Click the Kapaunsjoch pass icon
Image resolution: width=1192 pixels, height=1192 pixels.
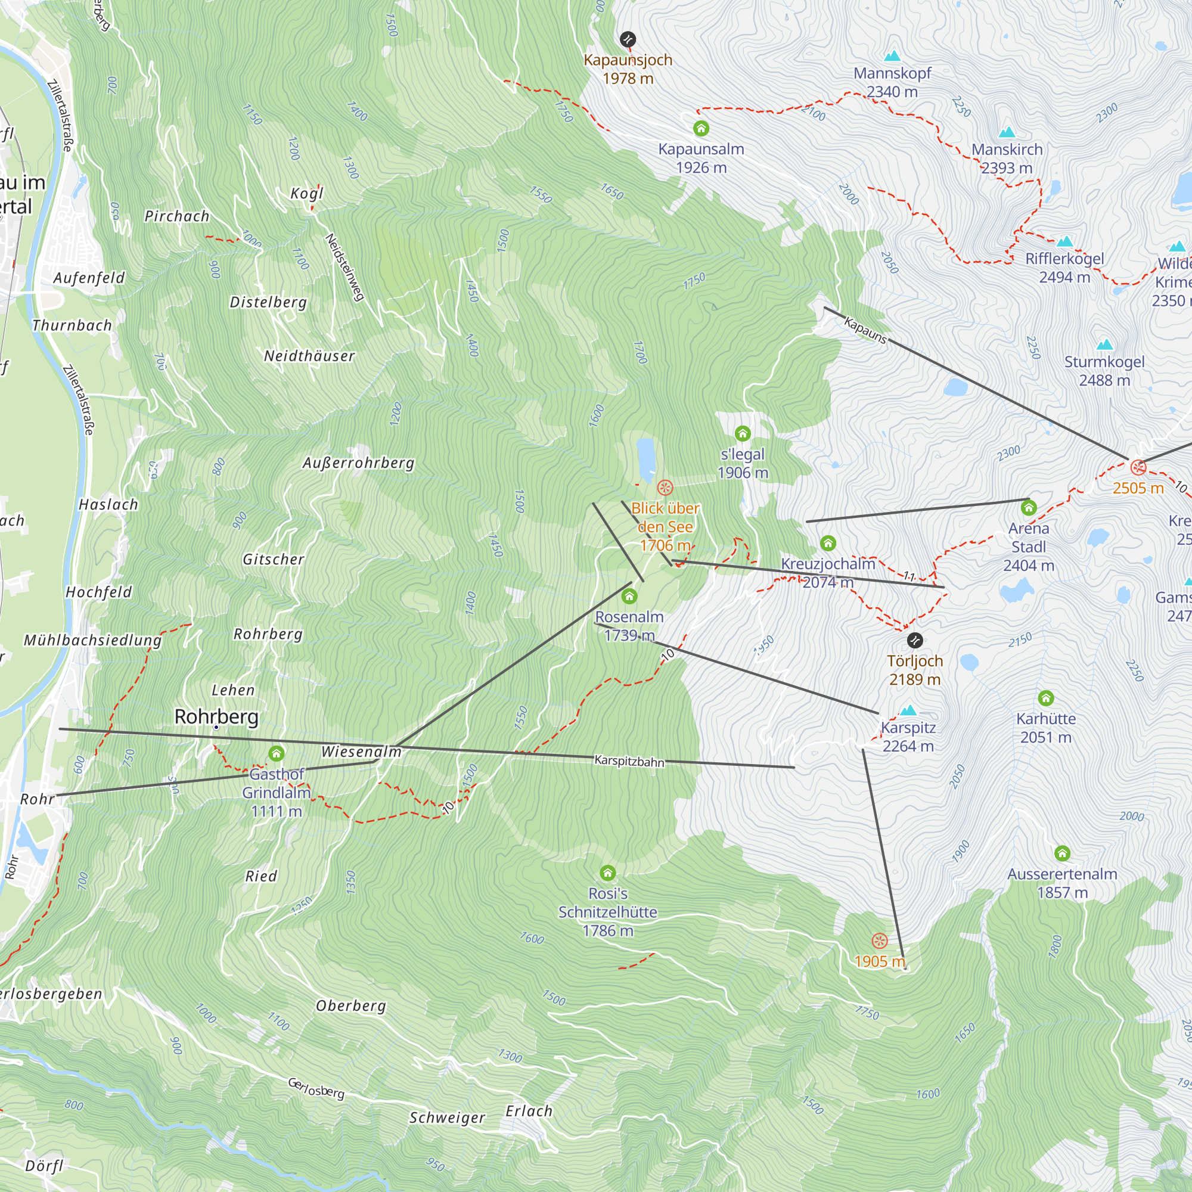(x=628, y=39)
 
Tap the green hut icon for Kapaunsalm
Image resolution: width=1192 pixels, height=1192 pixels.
(x=701, y=128)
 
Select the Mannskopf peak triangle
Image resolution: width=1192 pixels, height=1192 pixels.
(x=892, y=57)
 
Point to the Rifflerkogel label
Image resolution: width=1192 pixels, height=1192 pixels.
(x=1064, y=259)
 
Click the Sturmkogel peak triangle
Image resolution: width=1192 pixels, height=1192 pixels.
(x=1104, y=345)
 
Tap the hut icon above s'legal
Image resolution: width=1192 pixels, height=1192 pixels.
(x=743, y=433)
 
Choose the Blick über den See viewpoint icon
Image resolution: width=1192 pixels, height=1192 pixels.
(x=665, y=488)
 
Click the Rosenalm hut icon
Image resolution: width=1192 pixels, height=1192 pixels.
(x=629, y=596)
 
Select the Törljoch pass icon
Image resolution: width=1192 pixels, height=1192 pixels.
(x=915, y=641)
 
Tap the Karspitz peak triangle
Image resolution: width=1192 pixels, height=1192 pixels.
(x=908, y=711)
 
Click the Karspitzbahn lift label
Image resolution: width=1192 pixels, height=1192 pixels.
(x=629, y=760)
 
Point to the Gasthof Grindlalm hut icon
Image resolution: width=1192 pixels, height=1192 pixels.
(x=277, y=753)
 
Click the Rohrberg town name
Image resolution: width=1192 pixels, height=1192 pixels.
(x=216, y=717)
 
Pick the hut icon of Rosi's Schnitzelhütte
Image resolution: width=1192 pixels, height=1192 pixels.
(x=608, y=873)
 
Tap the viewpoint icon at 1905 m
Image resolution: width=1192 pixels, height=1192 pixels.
(x=880, y=941)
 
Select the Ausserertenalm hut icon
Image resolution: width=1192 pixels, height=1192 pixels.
(x=1062, y=853)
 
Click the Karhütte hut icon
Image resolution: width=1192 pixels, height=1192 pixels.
(x=1046, y=698)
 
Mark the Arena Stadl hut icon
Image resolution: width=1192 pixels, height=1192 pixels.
(x=1029, y=508)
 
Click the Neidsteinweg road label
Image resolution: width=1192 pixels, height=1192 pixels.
(x=344, y=267)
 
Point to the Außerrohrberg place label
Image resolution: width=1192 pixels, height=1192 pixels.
(x=358, y=463)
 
